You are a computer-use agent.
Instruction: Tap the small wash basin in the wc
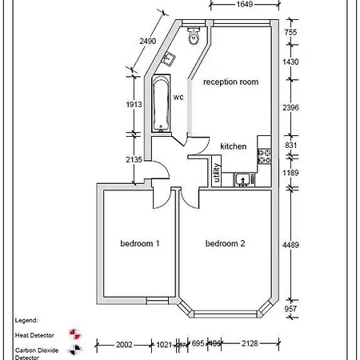click(169, 58)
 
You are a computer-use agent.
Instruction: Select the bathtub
click(160, 103)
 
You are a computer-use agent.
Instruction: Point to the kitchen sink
click(242, 179)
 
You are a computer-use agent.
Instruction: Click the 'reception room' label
click(232, 82)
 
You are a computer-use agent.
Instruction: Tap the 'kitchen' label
click(234, 146)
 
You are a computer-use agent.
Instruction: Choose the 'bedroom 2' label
click(225, 243)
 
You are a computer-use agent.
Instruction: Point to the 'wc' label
click(179, 97)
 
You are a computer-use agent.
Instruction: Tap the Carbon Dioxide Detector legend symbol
click(77, 349)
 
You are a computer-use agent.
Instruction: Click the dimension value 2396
click(291, 106)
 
